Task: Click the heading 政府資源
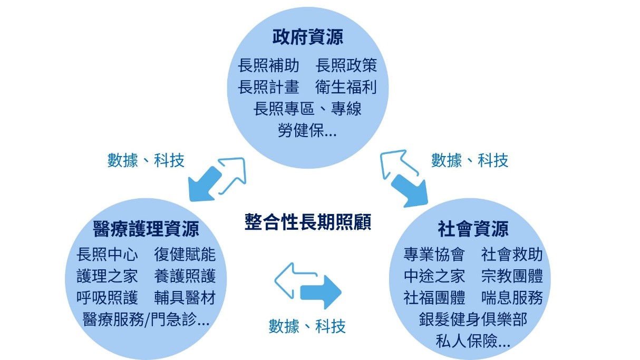click(307, 38)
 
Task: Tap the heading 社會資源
click(473, 229)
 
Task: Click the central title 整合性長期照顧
click(308, 222)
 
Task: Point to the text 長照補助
click(268, 66)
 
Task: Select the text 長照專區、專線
click(307, 109)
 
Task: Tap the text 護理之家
click(107, 276)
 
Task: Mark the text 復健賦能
click(185, 255)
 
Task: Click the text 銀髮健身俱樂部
click(473, 319)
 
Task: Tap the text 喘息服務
click(512, 298)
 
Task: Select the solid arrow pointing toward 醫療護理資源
click(203, 182)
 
